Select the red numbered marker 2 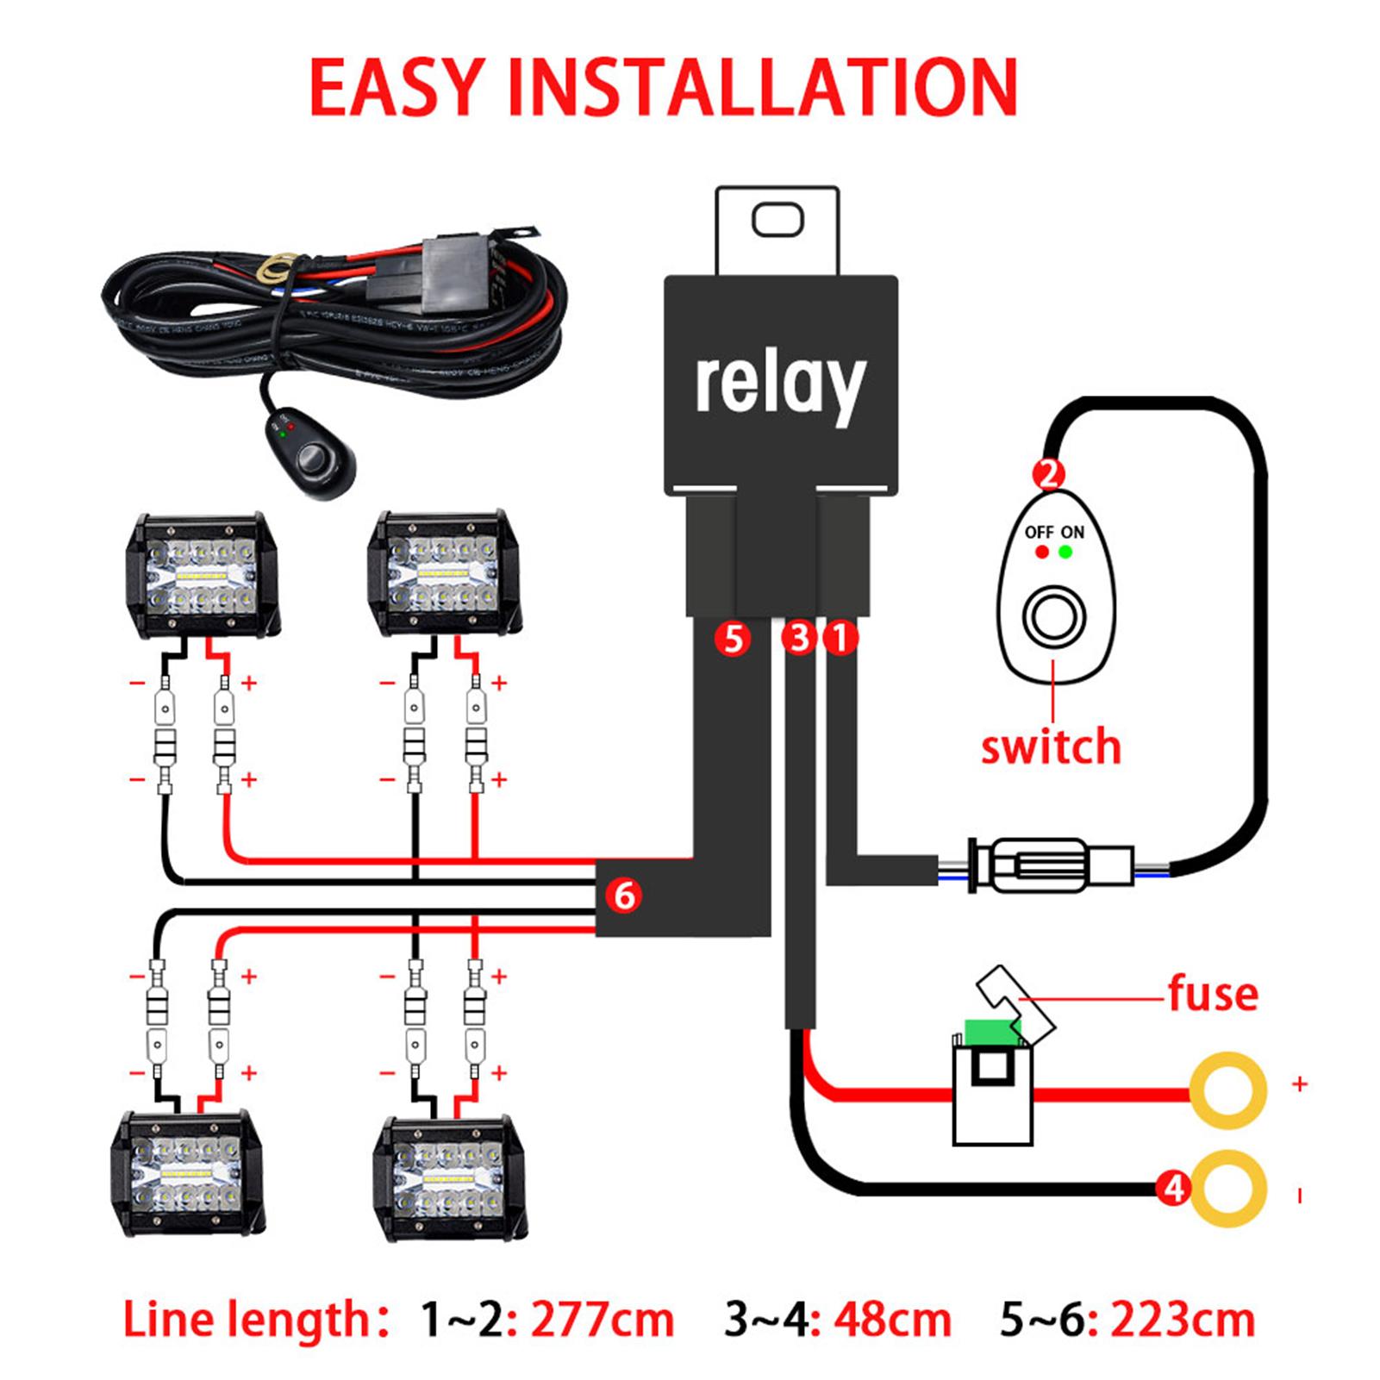coord(1049,473)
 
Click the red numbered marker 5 coord(733,639)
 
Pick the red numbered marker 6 coord(624,895)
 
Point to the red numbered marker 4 coord(1173,1190)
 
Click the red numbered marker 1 coord(840,639)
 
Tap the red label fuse coord(1213,993)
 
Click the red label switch coord(1051,746)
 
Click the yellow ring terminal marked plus coord(1227,1090)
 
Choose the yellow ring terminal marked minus coord(1227,1190)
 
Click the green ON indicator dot coord(1066,552)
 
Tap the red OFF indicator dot coord(1042,552)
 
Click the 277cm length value coord(602,1320)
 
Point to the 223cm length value coord(1183,1320)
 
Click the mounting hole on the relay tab coord(777,219)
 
